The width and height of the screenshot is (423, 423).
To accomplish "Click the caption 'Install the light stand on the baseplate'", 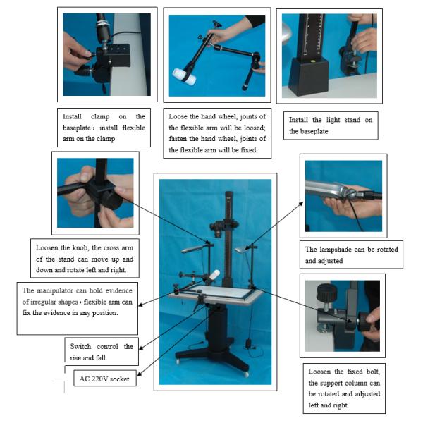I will [331, 125].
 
